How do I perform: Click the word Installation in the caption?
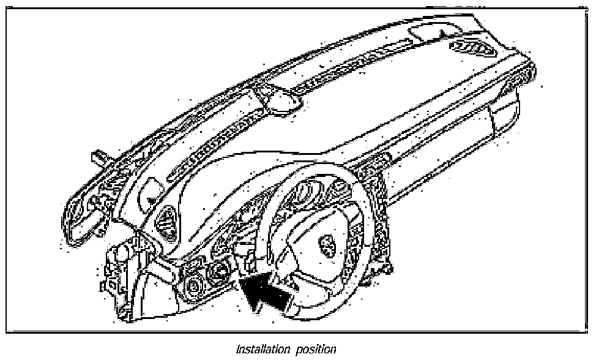pos(264,350)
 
